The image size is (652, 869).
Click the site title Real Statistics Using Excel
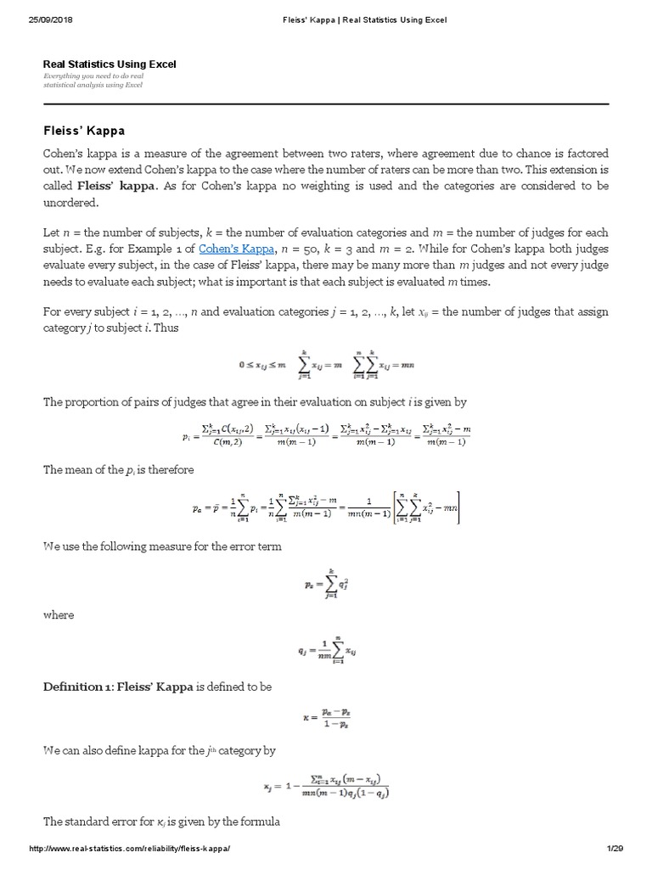click(x=110, y=64)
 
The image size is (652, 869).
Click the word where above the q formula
click(x=58, y=614)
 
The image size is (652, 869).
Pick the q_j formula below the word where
click(x=326, y=652)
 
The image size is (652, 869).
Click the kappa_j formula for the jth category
click(x=326, y=786)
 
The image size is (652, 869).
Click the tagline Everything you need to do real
click(x=94, y=77)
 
